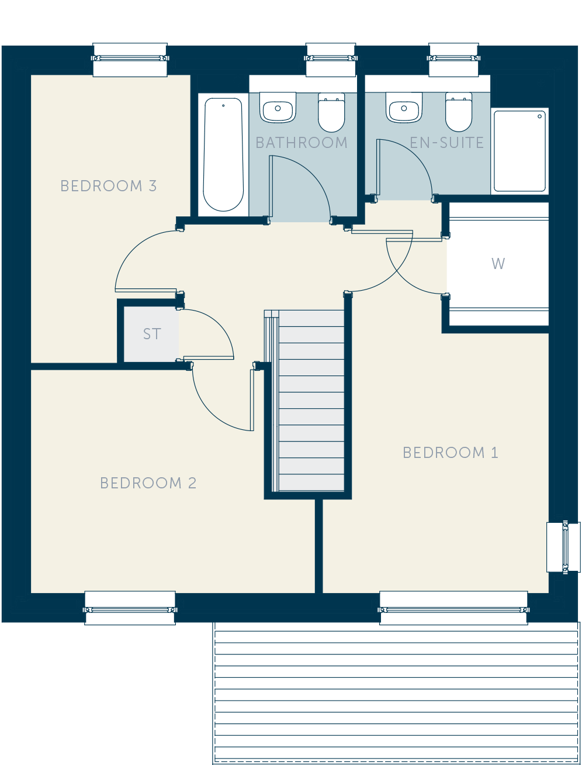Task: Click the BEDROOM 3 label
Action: [x=108, y=186]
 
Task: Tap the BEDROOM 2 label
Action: [x=148, y=483]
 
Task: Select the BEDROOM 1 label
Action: [x=451, y=453]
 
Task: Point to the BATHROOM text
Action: [x=302, y=143]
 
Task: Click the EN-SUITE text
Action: [x=446, y=143]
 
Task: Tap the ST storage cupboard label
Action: [x=152, y=334]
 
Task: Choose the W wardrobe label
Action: [x=498, y=264]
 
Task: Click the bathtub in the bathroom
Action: [x=223, y=154]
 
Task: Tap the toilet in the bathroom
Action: [x=331, y=112]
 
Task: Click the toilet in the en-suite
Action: [x=459, y=112]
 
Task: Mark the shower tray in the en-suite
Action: [x=519, y=151]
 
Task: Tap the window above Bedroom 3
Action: [x=130, y=59]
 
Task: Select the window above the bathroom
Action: [x=331, y=59]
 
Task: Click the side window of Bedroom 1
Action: [x=563, y=547]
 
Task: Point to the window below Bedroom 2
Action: [x=130, y=608]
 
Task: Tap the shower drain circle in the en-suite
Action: [x=539, y=116]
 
